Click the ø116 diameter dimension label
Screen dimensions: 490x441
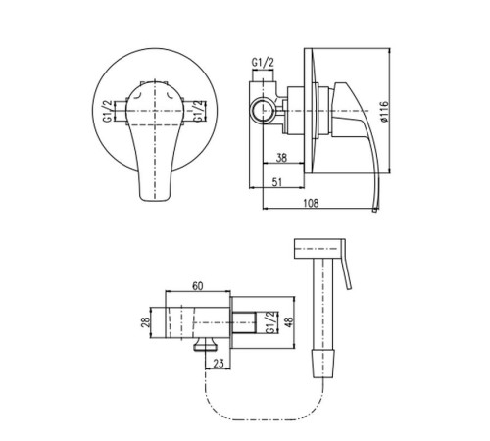coord(385,112)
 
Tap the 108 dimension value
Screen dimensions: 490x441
coord(311,203)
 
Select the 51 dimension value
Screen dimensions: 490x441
coord(277,182)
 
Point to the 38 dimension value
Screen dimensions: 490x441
coord(281,158)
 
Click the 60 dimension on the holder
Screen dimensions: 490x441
coord(197,286)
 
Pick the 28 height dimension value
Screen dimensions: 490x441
coord(146,322)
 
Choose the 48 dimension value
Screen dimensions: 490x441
coord(289,322)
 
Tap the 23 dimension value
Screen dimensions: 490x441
coord(219,364)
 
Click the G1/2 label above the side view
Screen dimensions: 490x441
coord(263,62)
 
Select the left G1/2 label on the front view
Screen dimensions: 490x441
coord(108,111)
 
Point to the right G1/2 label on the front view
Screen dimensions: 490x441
coord(200,112)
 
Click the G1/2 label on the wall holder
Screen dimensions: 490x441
coord(270,322)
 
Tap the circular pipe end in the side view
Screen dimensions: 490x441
coord(263,111)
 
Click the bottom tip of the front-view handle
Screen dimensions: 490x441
coord(155,199)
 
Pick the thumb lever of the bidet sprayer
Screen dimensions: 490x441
coord(346,265)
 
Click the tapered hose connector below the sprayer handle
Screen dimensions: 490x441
coord(323,363)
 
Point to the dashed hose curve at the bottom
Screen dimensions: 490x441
coord(264,419)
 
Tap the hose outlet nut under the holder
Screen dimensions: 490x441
coord(206,345)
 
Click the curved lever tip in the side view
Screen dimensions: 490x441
coord(376,210)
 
